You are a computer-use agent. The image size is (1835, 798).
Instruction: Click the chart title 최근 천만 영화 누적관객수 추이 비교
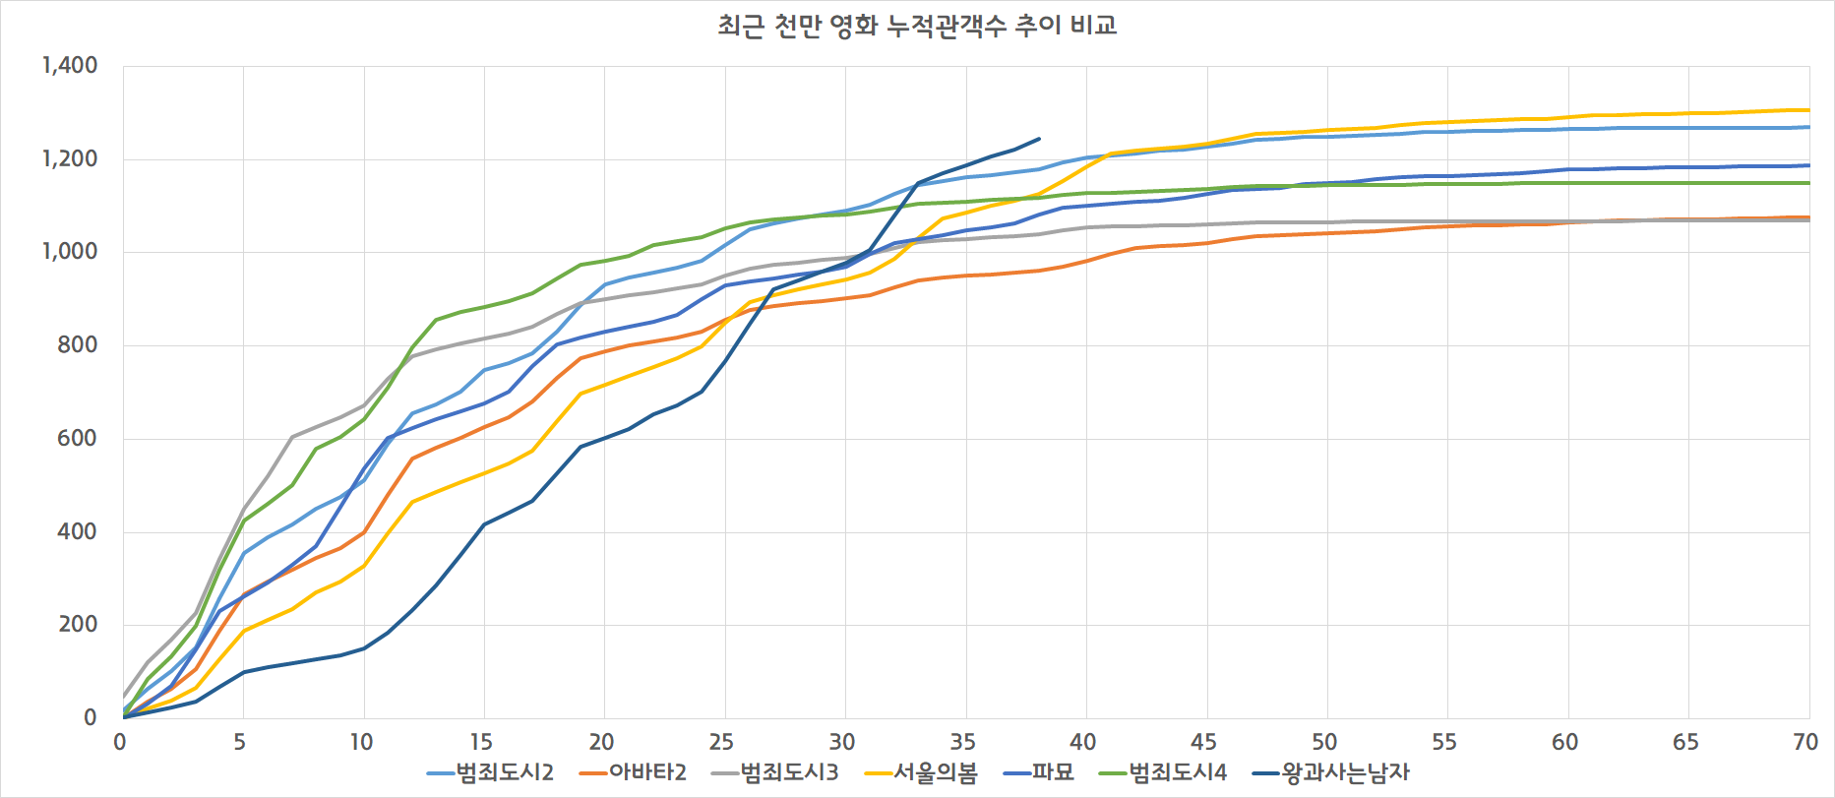click(917, 26)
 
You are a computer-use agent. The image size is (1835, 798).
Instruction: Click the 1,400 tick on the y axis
click(70, 66)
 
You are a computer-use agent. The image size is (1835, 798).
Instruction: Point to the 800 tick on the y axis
click(78, 345)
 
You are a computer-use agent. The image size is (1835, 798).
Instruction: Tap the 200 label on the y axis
click(78, 625)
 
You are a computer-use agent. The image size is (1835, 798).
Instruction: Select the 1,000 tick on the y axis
click(70, 252)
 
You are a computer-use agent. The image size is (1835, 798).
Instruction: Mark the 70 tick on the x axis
click(1805, 742)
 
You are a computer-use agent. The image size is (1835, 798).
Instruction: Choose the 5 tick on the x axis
click(240, 742)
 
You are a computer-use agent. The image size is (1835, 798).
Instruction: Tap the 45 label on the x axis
click(1203, 742)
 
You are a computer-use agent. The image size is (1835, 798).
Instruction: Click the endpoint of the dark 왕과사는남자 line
click(1039, 139)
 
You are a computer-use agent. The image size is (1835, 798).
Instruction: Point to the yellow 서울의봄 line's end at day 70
click(1808, 110)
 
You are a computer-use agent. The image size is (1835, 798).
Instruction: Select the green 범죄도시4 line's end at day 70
click(1808, 183)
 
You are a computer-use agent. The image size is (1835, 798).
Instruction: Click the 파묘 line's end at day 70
click(1808, 165)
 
